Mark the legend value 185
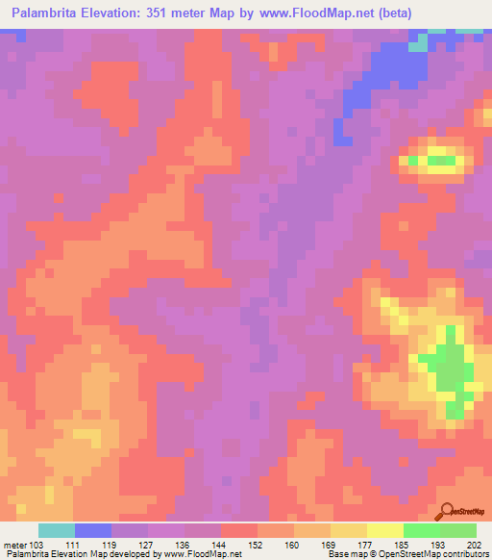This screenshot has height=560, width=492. pyautogui.click(x=399, y=544)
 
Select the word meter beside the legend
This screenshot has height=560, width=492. pyautogui.click(x=13, y=544)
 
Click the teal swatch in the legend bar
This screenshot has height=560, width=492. pyautogui.click(x=57, y=530)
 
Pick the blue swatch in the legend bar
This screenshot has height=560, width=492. pyautogui.click(x=93, y=530)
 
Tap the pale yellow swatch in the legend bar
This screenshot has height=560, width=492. pyautogui.click(x=384, y=530)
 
